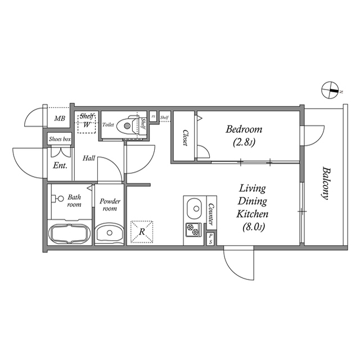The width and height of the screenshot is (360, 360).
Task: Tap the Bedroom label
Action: click(x=244, y=129)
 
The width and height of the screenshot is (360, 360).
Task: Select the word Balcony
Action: click(x=325, y=183)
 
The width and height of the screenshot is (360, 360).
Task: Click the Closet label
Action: click(x=184, y=138)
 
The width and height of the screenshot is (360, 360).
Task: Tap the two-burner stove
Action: click(x=193, y=229)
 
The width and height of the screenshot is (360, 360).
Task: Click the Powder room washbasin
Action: click(x=109, y=233)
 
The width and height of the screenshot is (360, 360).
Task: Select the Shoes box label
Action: click(x=60, y=138)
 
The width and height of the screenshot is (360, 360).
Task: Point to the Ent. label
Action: click(x=60, y=165)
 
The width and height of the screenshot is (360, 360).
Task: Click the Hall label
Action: click(x=89, y=159)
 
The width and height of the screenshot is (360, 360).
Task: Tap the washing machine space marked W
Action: click(x=87, y=124)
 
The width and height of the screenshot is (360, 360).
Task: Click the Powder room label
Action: click(x=109, y=205)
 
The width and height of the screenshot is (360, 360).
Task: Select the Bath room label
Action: click(x=74, y=201)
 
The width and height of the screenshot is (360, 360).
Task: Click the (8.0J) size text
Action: click(x=251, y=227)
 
